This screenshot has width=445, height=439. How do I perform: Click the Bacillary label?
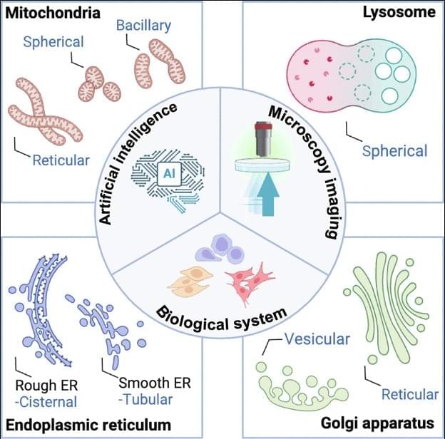pyautogui.click(x=145, y=26)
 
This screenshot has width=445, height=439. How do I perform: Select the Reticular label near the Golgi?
pyautogui.click(x=409, y=394)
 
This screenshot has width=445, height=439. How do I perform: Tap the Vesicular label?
pyautogui.click(x=317, y=339)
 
